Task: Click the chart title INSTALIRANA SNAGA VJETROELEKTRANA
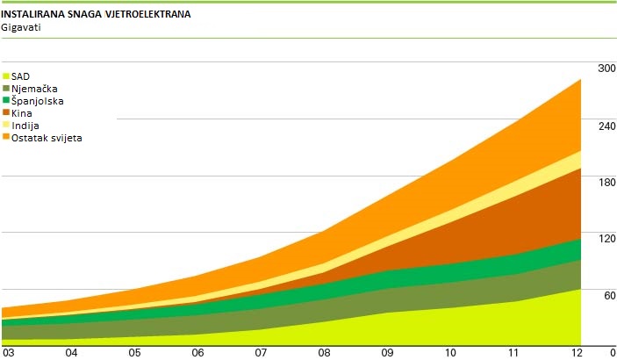click(97, 16)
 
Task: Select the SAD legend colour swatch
click(6, 76)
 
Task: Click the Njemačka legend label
click(35, 89)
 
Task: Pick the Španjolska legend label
click(38, 101)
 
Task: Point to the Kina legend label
click(22, 113)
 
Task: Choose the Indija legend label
click(25, 126)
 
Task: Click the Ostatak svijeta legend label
click(47, 138)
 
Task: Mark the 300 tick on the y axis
click(606, 68)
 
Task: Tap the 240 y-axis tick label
click(606, 126)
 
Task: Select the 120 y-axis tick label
click(606, 239)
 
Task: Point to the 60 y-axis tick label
click(608, 296)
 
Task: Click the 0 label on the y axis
click(611, 352)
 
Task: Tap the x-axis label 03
click(8, 352)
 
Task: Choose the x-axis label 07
click(261, 352)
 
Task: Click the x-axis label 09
click(387, 352)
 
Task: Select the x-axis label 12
click(577, 352)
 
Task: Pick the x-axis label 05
click(134, 352)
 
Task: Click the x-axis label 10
click(450, 352)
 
